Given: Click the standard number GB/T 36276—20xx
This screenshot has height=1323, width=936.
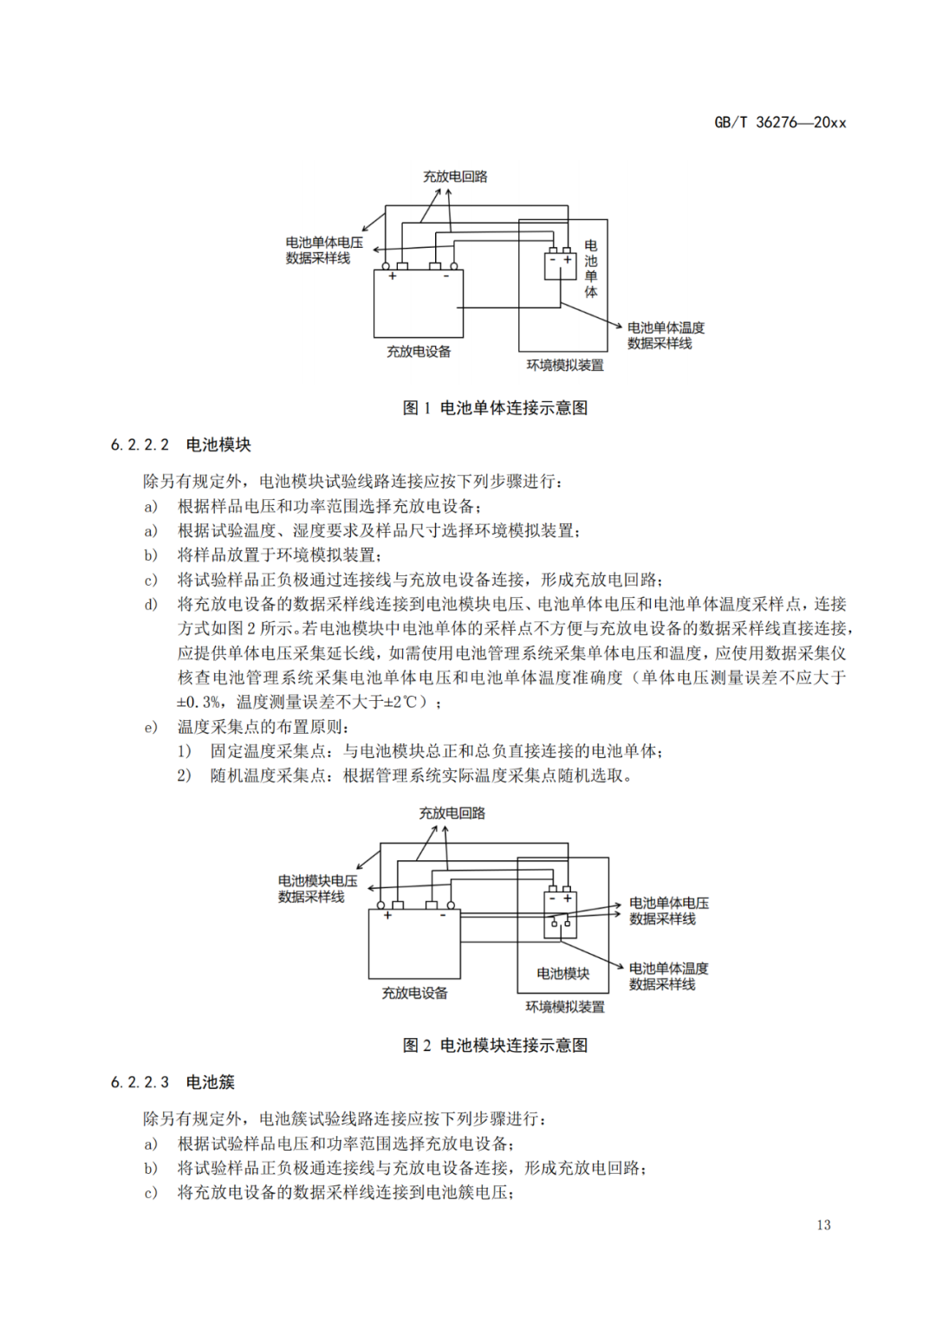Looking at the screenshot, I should coord(780,122).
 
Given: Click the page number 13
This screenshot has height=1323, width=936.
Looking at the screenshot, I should coord(823,1224).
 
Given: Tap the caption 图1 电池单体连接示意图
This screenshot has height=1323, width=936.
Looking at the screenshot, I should coord(495,407).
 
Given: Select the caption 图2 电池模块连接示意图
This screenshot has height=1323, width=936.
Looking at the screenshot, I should coord(495,1045).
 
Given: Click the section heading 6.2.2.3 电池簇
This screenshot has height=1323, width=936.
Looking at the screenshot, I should coord(172,1082).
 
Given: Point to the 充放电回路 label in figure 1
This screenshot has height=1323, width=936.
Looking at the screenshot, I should coord(455,177).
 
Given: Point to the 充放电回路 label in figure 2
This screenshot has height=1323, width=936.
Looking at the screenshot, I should coord(452,814).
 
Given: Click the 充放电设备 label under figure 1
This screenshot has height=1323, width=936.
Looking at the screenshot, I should coord(419,352).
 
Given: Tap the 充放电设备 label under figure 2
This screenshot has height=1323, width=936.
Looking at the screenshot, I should coord(414,993).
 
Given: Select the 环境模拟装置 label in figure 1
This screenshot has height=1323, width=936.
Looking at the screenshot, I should coord(565,366).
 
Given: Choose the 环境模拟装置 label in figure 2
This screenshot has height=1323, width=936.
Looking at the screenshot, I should coord(565,1007).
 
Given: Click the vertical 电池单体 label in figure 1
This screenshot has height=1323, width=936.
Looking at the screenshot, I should coord(591,269).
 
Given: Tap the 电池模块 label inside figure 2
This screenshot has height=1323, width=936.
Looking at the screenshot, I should coord(562,974).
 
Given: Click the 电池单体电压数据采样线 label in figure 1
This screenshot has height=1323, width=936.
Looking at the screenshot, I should coord(324,250).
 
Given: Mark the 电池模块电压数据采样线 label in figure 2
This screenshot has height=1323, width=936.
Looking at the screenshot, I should coord(317,889).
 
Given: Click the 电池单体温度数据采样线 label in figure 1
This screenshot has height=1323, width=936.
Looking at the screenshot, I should coord(666,335).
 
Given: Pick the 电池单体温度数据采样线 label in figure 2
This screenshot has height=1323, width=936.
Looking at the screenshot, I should coord(668,976).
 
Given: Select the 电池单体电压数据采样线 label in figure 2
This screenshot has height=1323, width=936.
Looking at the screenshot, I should coord(668,911).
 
